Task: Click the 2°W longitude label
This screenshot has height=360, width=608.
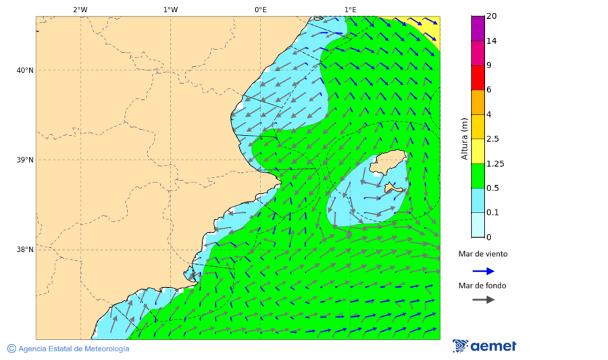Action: pos(80,9)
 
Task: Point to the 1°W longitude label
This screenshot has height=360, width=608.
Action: pos(170,9)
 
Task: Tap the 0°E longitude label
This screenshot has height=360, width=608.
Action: pos(260,9)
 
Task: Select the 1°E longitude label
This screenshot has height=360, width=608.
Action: pos(350,9)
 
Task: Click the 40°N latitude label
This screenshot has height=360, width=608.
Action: pos(24,70)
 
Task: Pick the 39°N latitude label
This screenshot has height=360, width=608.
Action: pos(24,160)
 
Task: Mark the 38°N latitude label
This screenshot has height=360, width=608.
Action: pos(24,250)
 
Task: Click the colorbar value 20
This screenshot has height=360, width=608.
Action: pos(491,16)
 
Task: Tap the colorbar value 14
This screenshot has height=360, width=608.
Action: pos(491,41)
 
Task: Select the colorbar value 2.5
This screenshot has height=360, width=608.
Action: pos(492,139)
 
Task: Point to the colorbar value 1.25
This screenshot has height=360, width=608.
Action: pos(495,163)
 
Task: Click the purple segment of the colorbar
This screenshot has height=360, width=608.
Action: pos(478,28)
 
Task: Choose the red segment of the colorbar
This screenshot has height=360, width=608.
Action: pos(478,78)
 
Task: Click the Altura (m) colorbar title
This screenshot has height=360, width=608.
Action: pos(464,139)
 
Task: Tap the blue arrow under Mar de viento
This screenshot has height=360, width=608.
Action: pos(483,271)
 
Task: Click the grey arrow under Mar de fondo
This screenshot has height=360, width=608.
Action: pos(483,300)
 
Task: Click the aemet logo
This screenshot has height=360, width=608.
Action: pos(484,346)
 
